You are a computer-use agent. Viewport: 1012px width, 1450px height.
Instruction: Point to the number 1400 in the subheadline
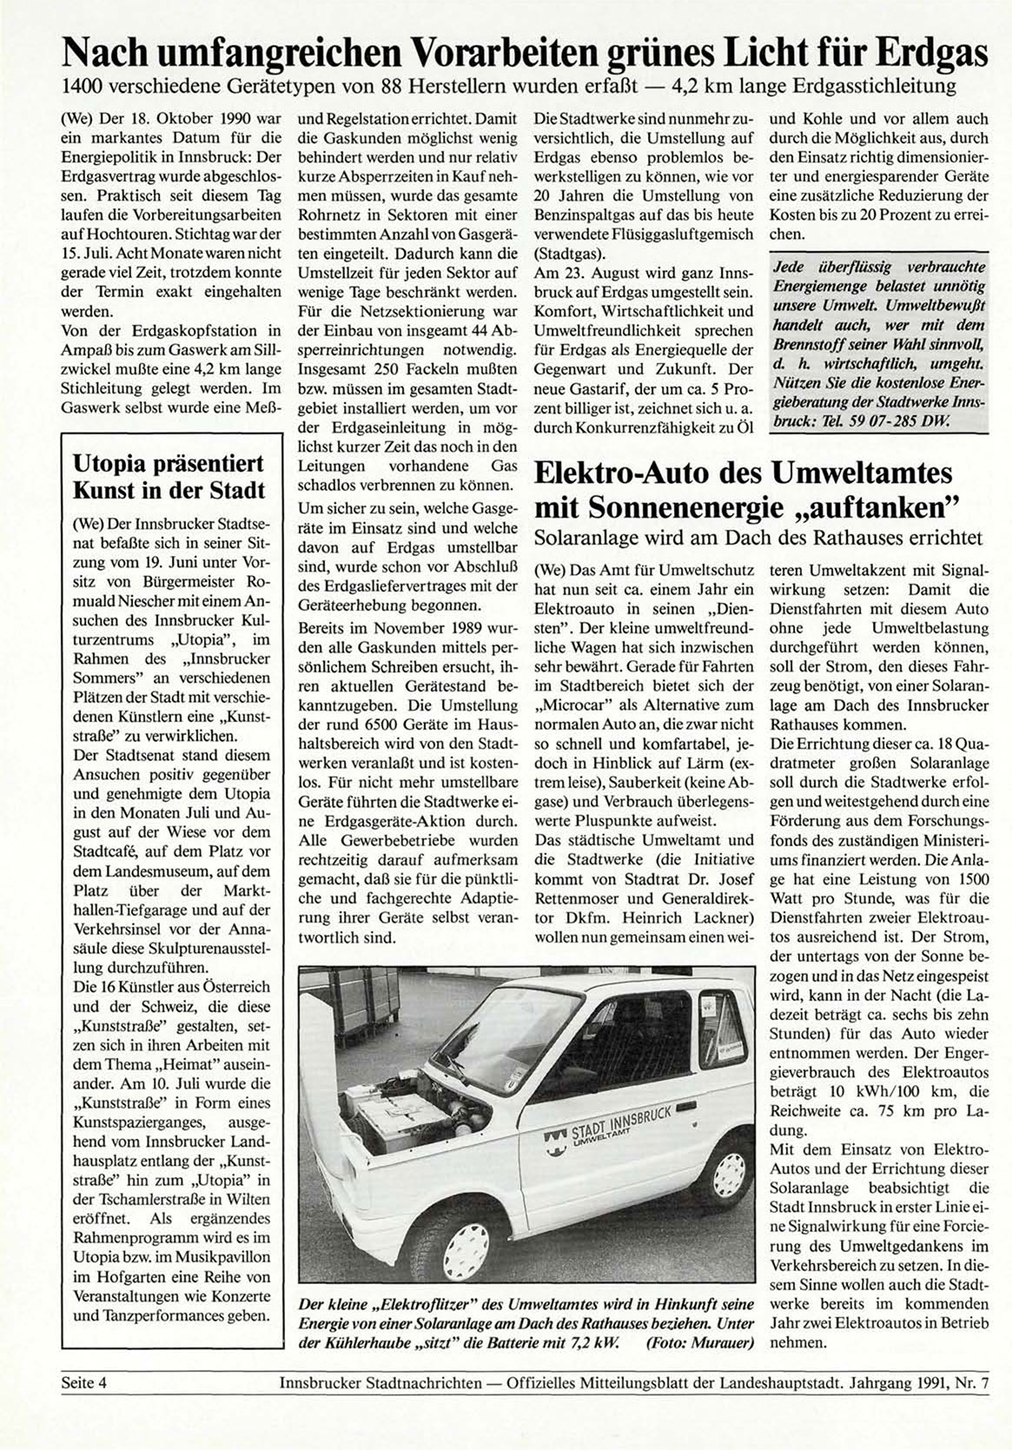[x=75, y=87]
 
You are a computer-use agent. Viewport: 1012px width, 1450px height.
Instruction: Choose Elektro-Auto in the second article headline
[x=630, y=474]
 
